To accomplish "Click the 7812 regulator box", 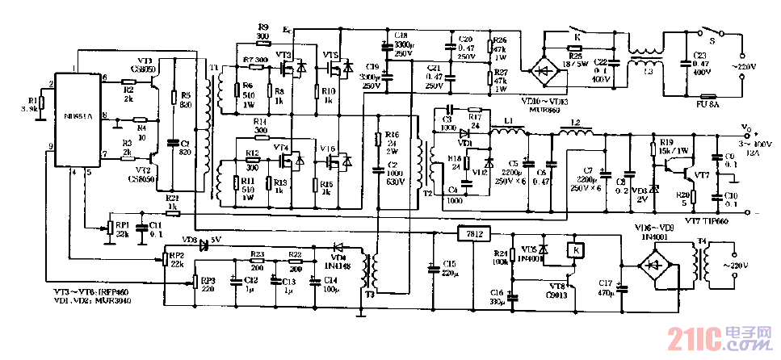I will tap(475, 234).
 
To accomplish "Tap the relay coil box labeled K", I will tap(576, 250).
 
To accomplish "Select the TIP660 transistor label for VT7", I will tap(703, 220).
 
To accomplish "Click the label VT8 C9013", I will tap(556, 291).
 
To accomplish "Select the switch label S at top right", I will tap(712, 37).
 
